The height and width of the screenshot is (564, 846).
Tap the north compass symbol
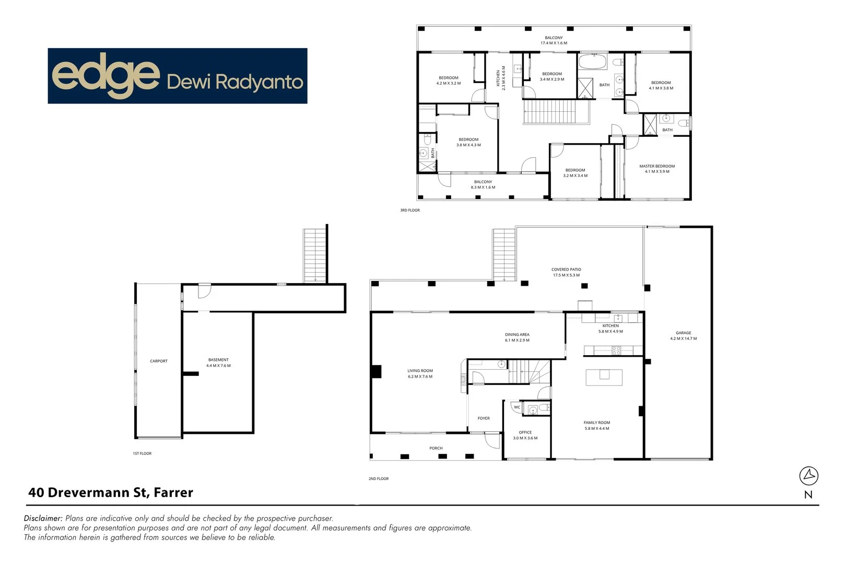coord(808,476)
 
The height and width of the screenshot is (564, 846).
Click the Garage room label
coord(683,336)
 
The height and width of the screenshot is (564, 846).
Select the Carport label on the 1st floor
coord(159,361)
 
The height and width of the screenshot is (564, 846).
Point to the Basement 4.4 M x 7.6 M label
coord(218,362)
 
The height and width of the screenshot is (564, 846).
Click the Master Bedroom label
coord(657,169)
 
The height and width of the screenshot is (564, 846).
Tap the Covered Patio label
coord(566,273)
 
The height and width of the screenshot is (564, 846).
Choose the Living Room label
coord(420,373)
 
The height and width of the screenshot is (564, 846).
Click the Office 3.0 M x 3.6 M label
coord(525,435)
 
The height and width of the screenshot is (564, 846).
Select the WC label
coord(517,407)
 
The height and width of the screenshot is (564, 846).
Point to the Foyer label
coord(484,419)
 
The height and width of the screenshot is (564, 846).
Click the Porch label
coord(436,449)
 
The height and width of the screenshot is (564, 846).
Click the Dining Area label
coord(517,337)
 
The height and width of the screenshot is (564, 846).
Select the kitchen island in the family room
coord(604,378)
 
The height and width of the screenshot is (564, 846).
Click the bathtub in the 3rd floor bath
coord(593,62)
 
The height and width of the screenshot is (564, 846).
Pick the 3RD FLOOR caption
coord(410,210)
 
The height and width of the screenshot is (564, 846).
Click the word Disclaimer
coord(43,518)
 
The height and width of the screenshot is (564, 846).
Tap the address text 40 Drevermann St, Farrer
coord(111,492)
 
